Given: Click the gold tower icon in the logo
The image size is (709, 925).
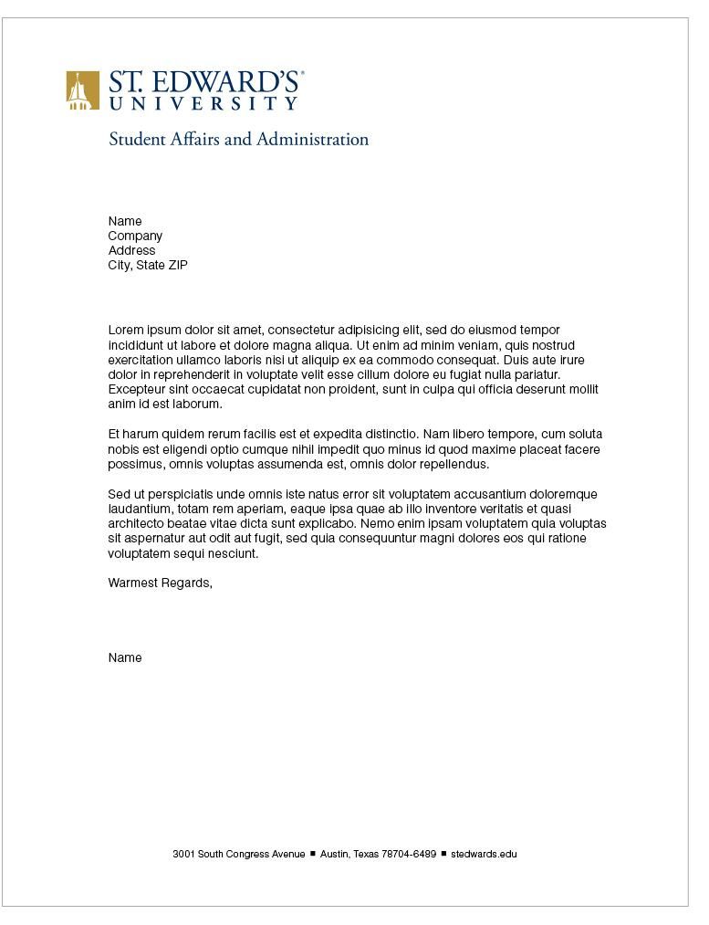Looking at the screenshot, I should (82, 90).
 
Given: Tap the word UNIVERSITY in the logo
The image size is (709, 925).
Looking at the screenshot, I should (203, 104).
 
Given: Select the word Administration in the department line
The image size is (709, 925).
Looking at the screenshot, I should (312, 140).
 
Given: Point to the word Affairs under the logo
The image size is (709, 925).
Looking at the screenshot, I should (194, 140).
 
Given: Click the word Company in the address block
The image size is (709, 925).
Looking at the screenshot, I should (135, 236).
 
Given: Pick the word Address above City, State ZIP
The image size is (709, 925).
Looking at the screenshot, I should (131, 250).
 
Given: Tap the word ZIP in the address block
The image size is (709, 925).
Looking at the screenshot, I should (178, 265).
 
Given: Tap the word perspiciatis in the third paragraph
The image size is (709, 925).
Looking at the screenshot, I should (174, 494).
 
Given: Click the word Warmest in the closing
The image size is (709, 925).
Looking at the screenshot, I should (132, 583).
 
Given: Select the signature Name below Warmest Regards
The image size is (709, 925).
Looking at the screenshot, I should (125, 657).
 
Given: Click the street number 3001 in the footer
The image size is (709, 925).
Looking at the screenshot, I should (183, 854).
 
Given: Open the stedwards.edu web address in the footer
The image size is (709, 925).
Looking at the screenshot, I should (484, 854).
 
